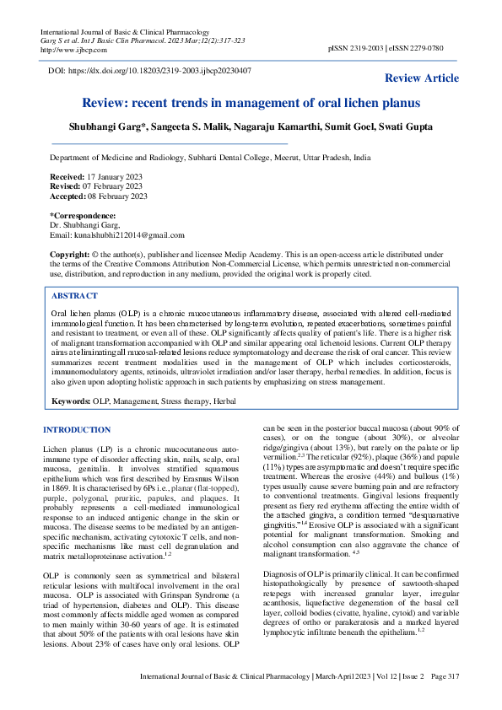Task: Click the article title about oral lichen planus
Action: [x=251, y=103]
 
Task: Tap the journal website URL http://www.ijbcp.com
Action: [x=68, y=48]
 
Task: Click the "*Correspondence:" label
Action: [x=83, y=216]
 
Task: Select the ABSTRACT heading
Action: [x=74, y=296]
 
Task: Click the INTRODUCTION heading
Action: [x=77, y=430]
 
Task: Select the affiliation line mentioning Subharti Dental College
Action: [x=210, y=158]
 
